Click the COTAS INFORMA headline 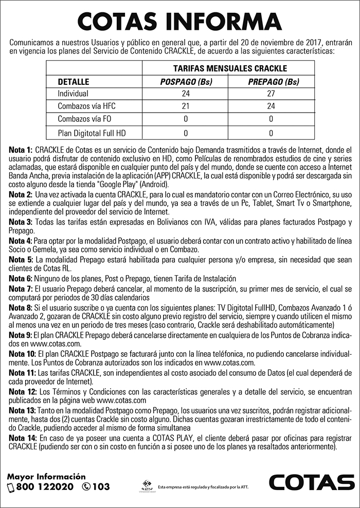coord(179,21)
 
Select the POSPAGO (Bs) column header coord(186,82)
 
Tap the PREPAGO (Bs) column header coord(273,82)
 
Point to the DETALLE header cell coord(74,82)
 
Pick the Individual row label coord(73,94)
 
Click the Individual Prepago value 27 coord(271,94)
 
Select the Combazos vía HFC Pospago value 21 coord(186,106)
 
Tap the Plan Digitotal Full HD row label coord(92,132)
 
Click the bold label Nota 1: coord(21,149)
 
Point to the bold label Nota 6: coord(21,278)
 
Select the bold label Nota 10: coord(22,355)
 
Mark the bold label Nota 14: coord(22,438)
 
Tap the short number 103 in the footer coord(102,487)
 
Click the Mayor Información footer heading coord(46,477)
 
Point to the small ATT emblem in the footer coord(147,486)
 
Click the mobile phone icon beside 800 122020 coord(11,487)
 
